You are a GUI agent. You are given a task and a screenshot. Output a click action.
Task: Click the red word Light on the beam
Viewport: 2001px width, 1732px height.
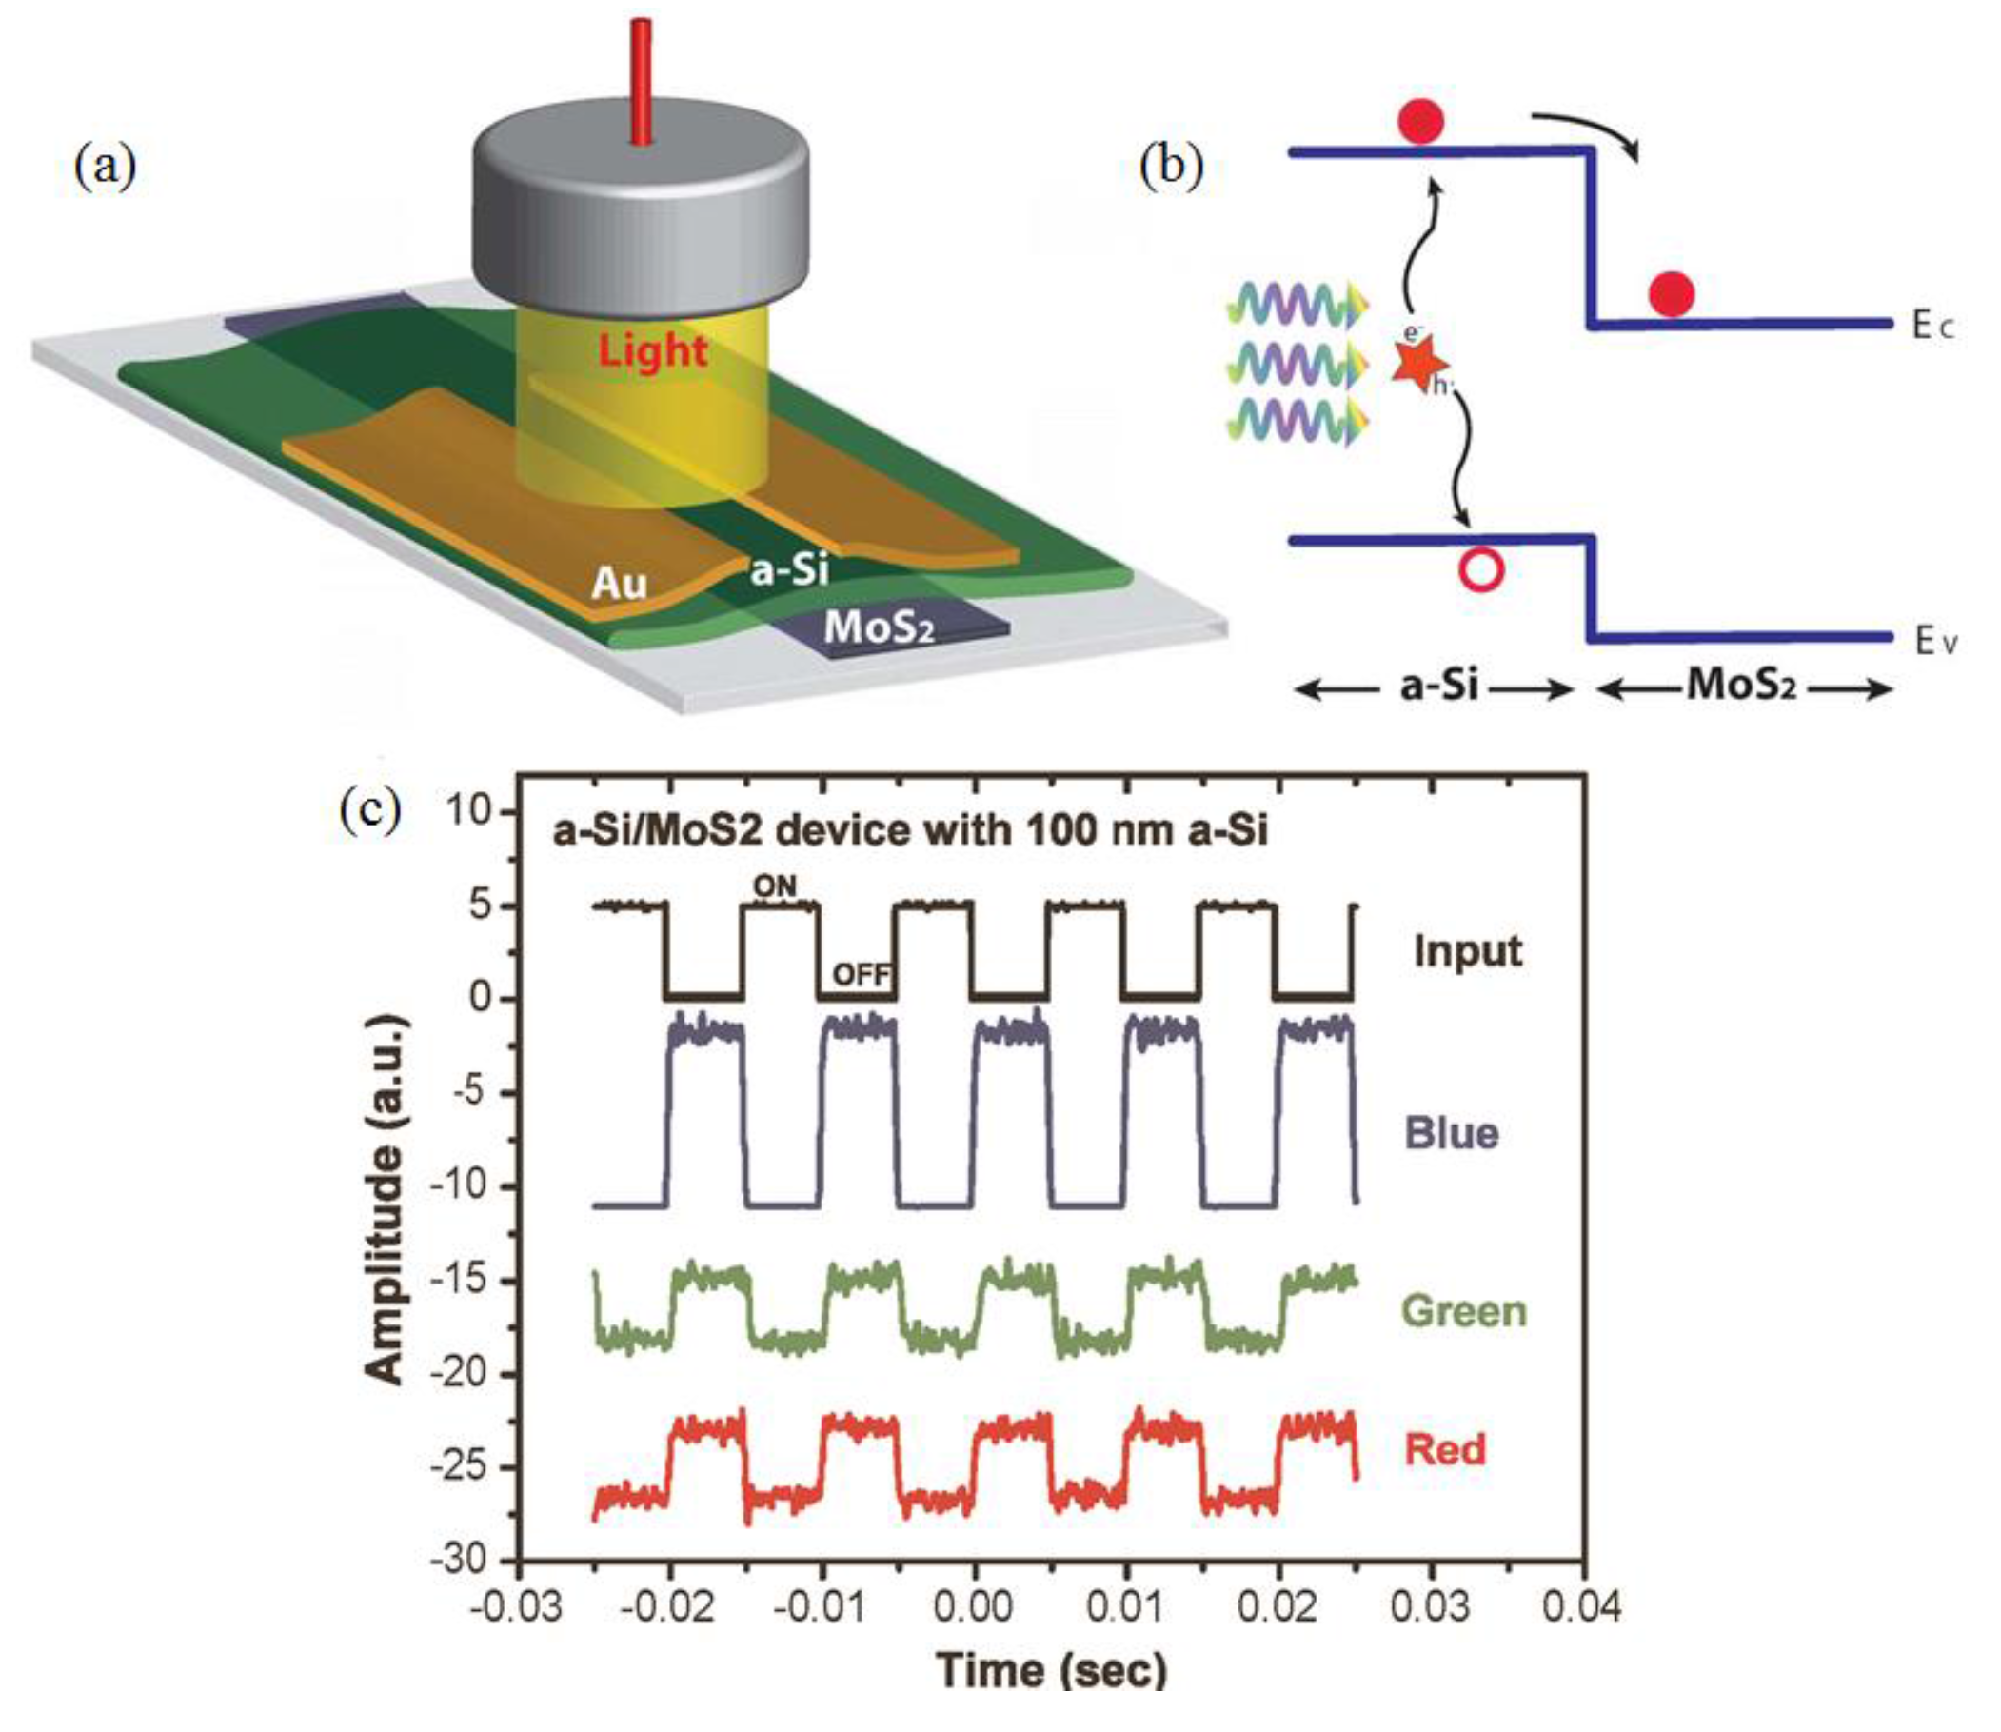[x=652, y=349]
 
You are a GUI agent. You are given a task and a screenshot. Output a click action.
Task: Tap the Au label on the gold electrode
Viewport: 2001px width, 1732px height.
[x=619, y=583]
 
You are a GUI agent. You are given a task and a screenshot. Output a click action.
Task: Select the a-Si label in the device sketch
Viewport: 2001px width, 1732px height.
[x=789, y=569]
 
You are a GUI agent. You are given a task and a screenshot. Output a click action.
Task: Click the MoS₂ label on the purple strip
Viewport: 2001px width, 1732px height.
[x=879, y=628]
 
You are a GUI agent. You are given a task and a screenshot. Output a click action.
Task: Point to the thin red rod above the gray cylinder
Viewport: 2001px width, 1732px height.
[x=640, y=81]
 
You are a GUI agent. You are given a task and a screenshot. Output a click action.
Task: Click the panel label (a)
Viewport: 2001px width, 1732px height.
[x=106, y=167]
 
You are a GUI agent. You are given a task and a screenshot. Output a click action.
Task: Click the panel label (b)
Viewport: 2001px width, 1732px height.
[x=1171, y=167]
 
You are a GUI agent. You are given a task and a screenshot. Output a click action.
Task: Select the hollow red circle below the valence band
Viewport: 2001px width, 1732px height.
[x=1480, y=570]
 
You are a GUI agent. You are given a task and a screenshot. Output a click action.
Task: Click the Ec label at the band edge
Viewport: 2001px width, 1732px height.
[x=1932, y=327]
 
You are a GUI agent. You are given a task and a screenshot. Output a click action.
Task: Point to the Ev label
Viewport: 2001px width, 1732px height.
[x=1935, y=642]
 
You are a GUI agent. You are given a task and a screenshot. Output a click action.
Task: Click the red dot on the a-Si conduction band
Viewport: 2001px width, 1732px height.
[x=1420, y=122]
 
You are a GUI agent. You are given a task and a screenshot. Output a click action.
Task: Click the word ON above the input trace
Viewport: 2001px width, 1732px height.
[x=774, y=885]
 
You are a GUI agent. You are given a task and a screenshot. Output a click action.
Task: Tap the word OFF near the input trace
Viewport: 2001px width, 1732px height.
[x=861, y=975]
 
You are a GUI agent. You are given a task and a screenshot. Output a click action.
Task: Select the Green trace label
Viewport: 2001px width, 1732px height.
[x=1464, y=1311]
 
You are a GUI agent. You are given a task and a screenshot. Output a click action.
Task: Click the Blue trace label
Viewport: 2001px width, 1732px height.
[x=1451, y=1133]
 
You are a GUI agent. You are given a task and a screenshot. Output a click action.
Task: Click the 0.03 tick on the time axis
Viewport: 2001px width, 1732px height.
[x=1430, y=1607]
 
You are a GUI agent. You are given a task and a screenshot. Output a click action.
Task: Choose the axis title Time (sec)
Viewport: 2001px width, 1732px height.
[x=1052, y=1671]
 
